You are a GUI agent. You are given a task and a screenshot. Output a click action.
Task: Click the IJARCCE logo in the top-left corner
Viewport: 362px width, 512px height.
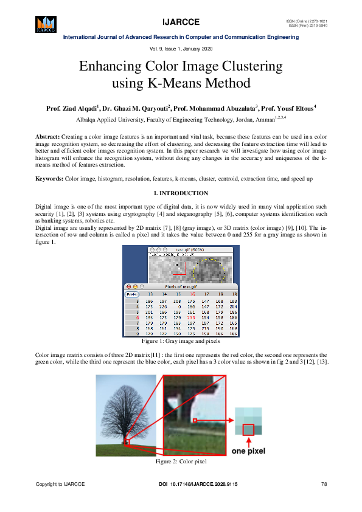44,24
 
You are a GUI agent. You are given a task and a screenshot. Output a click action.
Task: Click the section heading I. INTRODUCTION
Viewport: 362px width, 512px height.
181,193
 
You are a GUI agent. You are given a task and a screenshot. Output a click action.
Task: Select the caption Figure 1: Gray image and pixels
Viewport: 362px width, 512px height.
181,342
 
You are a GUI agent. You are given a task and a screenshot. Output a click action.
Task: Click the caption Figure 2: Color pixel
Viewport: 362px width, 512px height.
181,462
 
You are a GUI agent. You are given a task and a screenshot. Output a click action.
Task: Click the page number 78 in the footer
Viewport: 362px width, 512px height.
324,484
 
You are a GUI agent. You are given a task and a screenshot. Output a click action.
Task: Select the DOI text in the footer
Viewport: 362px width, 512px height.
198,484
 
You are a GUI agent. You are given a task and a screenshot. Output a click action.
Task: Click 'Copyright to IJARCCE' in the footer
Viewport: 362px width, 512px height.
60,484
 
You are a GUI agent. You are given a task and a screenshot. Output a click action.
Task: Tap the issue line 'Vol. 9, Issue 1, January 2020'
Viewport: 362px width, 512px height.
181,48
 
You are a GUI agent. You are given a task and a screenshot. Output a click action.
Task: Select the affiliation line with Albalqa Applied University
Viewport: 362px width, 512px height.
181,120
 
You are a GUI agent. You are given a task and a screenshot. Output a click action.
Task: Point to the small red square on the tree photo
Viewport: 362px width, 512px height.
127,443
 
